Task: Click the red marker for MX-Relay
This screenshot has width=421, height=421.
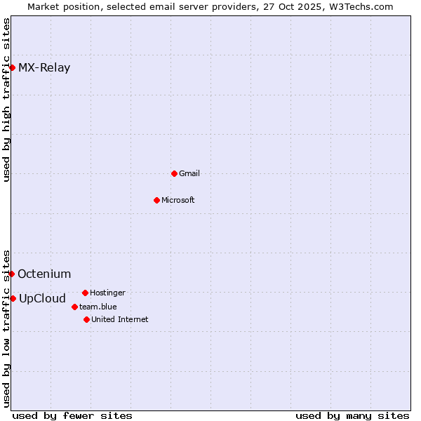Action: click(13, 67)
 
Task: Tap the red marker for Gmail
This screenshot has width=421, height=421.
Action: click(174, 173)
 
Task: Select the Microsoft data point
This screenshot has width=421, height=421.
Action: click(156, 200)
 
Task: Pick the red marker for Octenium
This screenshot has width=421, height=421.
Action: click(12, 274)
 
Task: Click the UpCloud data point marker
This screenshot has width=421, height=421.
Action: click(13, 298)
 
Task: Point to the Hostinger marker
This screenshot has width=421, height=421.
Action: click(85, 293)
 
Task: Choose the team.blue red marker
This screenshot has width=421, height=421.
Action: click(74, 307)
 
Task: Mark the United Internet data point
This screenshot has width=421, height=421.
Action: click(86, 319)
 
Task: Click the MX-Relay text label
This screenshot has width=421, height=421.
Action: click(44, 68)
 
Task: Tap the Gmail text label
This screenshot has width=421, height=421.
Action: click(189, 173)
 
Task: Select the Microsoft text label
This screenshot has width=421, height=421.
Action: click(178, 200)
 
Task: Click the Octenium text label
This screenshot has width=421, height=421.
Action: click(44, 274)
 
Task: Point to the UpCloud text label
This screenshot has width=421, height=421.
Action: click(42, 299)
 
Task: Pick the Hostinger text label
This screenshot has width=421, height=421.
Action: click(107, 293)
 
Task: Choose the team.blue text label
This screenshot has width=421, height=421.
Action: click(98, 307)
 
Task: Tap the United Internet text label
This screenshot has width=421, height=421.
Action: click(120, 319)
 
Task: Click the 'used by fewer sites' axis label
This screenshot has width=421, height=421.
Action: click(72, 415)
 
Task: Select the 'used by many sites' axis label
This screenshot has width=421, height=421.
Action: click(352, 415)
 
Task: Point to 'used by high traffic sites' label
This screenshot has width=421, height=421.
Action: click(6, 100)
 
